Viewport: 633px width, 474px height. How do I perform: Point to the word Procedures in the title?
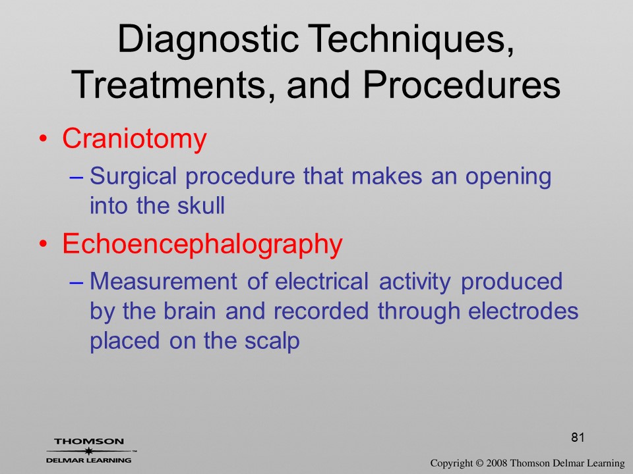462,85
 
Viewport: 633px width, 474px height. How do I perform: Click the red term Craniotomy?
134,140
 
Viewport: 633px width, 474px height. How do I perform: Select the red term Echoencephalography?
202,245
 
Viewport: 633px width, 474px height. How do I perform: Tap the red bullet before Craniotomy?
44,139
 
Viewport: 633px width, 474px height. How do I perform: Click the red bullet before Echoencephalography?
44,244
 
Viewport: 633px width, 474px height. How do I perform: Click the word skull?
201,205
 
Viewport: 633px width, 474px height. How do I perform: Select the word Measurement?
164,281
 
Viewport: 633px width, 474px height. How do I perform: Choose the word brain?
189,311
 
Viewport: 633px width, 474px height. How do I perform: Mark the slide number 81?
578,437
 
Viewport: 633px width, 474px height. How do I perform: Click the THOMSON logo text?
89,441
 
